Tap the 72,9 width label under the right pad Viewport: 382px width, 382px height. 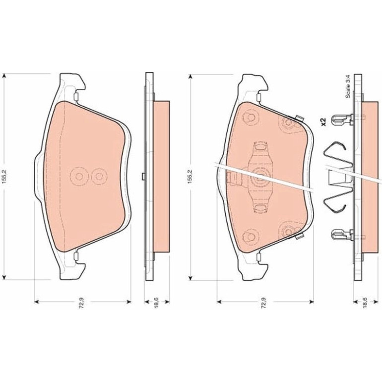click(x=263, y=303)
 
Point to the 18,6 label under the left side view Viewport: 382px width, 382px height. click(x=156, y=303)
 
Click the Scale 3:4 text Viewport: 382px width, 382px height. click(x=348, y=87)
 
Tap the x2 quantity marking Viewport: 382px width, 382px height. click(x=323, y=122)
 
